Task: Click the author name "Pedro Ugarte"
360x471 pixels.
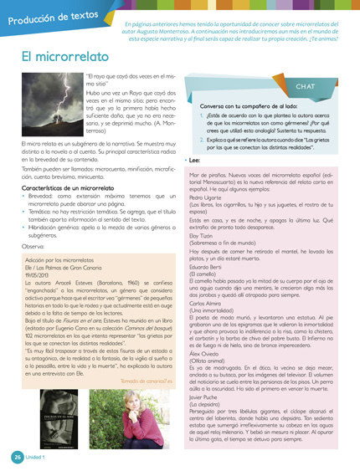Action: pyautogui.click(x=203, y=197)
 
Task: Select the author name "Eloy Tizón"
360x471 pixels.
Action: pyautogui.click(x=200, y=235)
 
